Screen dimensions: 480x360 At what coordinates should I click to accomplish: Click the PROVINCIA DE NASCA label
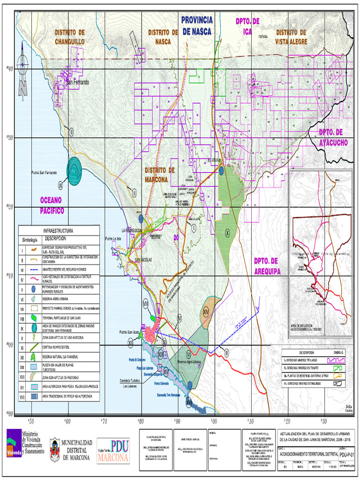[x=197, y=26]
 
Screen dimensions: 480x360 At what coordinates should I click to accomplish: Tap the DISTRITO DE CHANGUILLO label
[x=70, y=37]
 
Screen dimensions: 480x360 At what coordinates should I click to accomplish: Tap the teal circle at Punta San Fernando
[x=75, y=170]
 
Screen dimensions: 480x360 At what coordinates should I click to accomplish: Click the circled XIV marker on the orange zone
[x=206, y=312]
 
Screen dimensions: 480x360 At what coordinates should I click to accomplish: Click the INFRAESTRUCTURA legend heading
[x=59, y=231]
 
